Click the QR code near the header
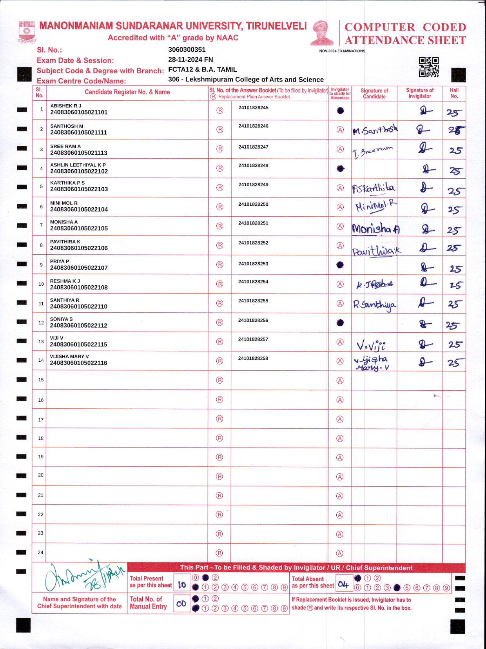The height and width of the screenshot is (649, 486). pyautogui.click(x=428, y=67)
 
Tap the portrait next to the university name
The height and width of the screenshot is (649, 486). pyautogui.click(x=322, y=33)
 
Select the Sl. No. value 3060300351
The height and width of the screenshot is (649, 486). pyautogui.click(x=187, y=50)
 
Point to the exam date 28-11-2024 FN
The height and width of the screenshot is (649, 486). pyautogui.click(x=190, y=60)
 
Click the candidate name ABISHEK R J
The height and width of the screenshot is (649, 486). pyautogui.click(x=66, y=106)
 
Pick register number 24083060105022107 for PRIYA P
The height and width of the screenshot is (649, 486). pyautogui.click(x=79, y=268)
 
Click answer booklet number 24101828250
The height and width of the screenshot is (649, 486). pyautogui.click(x=253, y=204)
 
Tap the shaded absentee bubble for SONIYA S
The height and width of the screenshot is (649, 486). pyautogui.click(x=340, y=323)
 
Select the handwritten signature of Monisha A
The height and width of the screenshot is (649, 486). pyautogui.click(x=375, y=228)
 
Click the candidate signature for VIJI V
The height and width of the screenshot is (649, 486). pyautogui.click(x=371, y=345)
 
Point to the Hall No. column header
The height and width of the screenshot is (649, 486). pyautogui.click(x=454, y=93)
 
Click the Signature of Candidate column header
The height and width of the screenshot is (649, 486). pyautogui.click(x=374, y=93)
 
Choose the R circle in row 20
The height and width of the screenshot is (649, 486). pyautogui.click(x=219, y=477)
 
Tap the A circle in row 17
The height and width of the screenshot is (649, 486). pyautogui.click(x=340, y=419)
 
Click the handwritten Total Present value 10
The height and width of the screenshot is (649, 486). pyautogui.click(x=182, y=585)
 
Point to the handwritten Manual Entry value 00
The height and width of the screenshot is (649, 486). pyautogui.click(x=181, y=604)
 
